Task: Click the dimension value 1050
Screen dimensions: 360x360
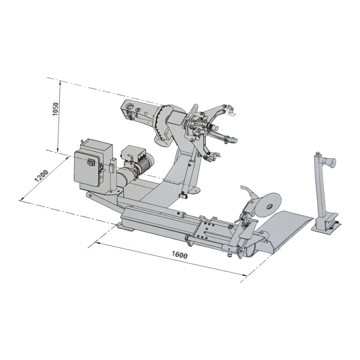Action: click(x=55, y=109)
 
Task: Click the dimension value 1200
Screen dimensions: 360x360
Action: click(x=41, y=175)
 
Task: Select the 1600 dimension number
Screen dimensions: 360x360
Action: click(x=180, y=255)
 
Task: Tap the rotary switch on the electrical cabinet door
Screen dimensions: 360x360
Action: click(x=89, y=162)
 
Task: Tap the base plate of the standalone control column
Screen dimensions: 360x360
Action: click(x=326, y=228)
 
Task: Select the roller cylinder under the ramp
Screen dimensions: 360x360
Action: click(x=250, y=251)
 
